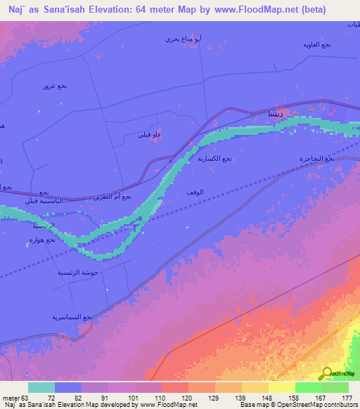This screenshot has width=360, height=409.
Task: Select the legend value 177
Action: tap(347, 398)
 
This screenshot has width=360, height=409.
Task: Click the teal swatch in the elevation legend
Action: tap(41, 387)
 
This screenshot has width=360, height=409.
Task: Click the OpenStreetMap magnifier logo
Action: tap(328, 373)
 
